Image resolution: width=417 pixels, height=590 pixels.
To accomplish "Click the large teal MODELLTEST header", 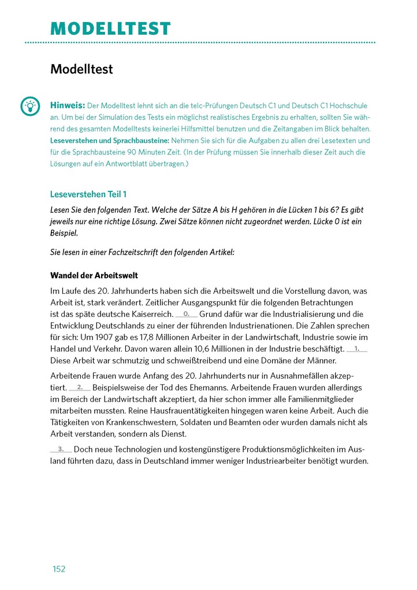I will [x=111, y=28].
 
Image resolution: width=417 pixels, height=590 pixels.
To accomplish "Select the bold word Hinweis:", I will [x=68, y=106].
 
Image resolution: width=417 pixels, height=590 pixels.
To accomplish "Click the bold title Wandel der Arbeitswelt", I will [x=94, y=275].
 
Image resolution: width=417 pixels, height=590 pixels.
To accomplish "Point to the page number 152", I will [x=59, y=569].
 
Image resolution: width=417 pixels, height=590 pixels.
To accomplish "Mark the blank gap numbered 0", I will [x=186, y=314].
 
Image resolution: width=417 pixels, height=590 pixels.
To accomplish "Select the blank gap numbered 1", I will [x=356, y=349].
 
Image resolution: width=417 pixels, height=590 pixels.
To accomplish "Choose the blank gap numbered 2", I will [x=79, y=387].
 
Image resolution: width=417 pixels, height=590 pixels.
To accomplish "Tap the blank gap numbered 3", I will [x=61, y=449].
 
